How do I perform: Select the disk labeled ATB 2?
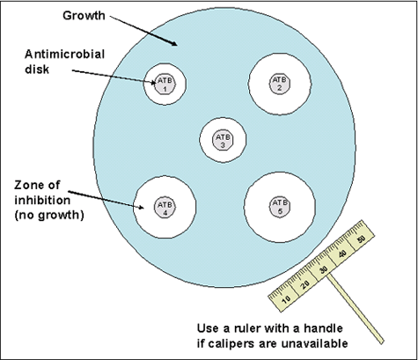pos(279,84)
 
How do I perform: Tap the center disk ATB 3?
pos(223,140)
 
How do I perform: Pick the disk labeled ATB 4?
pos(164,208)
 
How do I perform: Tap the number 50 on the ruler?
pos(362,239)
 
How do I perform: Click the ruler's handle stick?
pos(361,308)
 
